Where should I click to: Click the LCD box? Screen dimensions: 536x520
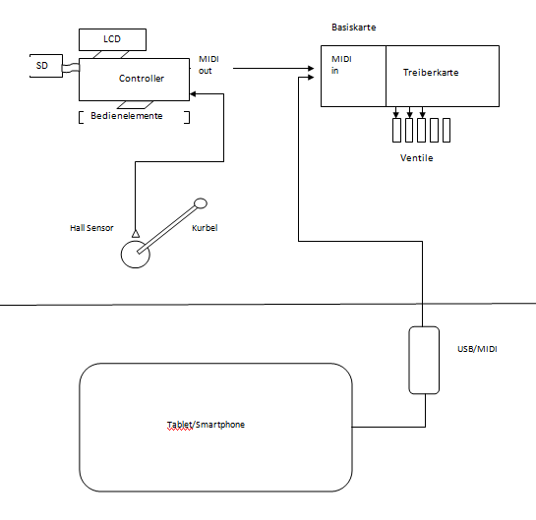112,39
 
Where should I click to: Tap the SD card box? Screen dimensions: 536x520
46,66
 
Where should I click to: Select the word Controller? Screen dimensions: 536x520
142,79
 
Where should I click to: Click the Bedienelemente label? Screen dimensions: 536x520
127,116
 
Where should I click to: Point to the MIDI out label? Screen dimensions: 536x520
208,65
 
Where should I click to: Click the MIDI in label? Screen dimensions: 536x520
341,65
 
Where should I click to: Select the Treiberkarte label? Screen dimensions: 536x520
431,73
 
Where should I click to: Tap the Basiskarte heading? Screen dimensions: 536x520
354,28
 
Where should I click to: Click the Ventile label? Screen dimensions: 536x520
416,158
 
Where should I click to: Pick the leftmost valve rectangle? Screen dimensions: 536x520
396,130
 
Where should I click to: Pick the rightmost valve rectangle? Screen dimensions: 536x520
447,130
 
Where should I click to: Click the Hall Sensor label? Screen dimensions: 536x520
91,228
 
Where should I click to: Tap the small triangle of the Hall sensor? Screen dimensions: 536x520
136,233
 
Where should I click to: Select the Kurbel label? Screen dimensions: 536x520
205,228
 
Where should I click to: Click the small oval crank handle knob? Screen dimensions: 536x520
201,203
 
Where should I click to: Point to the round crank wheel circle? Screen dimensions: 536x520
121,255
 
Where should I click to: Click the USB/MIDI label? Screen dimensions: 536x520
477,349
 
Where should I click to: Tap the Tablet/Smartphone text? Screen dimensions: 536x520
206,425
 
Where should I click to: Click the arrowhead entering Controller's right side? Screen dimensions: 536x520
193,94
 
